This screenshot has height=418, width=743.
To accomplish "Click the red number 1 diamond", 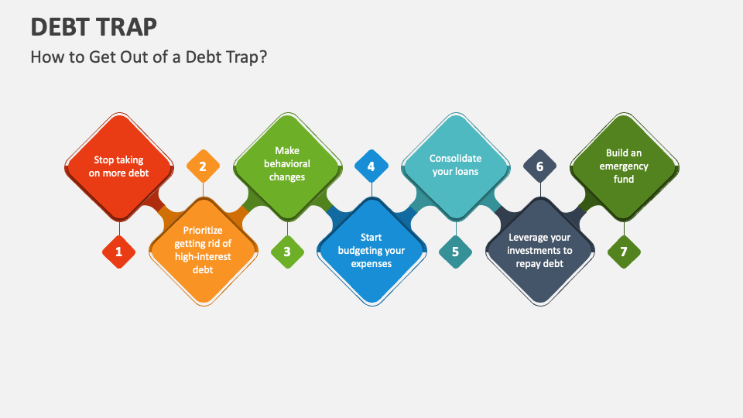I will point(119,252).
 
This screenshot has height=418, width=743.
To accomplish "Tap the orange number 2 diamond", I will point(203,166).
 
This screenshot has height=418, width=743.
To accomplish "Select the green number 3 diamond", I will point(287,252).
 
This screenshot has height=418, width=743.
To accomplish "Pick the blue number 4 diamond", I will point(371,166).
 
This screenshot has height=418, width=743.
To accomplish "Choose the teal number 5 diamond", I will point(455,252).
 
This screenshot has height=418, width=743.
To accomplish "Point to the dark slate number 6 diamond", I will point(539,166).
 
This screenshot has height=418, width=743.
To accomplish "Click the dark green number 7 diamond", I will point(624,252).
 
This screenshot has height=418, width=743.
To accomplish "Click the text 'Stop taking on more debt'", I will point(119,166).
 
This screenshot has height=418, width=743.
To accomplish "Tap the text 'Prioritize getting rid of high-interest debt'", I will point(203,250).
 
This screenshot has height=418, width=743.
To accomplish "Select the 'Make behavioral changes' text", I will point(287,163).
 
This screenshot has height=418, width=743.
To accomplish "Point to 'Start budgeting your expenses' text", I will point(371,251).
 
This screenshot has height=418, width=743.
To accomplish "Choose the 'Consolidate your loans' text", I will point(455,165).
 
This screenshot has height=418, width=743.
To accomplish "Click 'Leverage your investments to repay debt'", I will point(539,250).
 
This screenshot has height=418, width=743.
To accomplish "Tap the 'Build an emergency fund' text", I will point(624,166).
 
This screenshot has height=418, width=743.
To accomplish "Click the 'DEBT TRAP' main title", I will point(94,26).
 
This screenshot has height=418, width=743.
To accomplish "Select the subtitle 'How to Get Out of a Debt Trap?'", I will point(149,57).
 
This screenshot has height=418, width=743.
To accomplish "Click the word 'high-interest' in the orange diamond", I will point(203,257).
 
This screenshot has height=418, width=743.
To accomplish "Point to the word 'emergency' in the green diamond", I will point(624,166).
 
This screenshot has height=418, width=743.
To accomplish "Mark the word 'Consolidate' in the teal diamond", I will point(455,158).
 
